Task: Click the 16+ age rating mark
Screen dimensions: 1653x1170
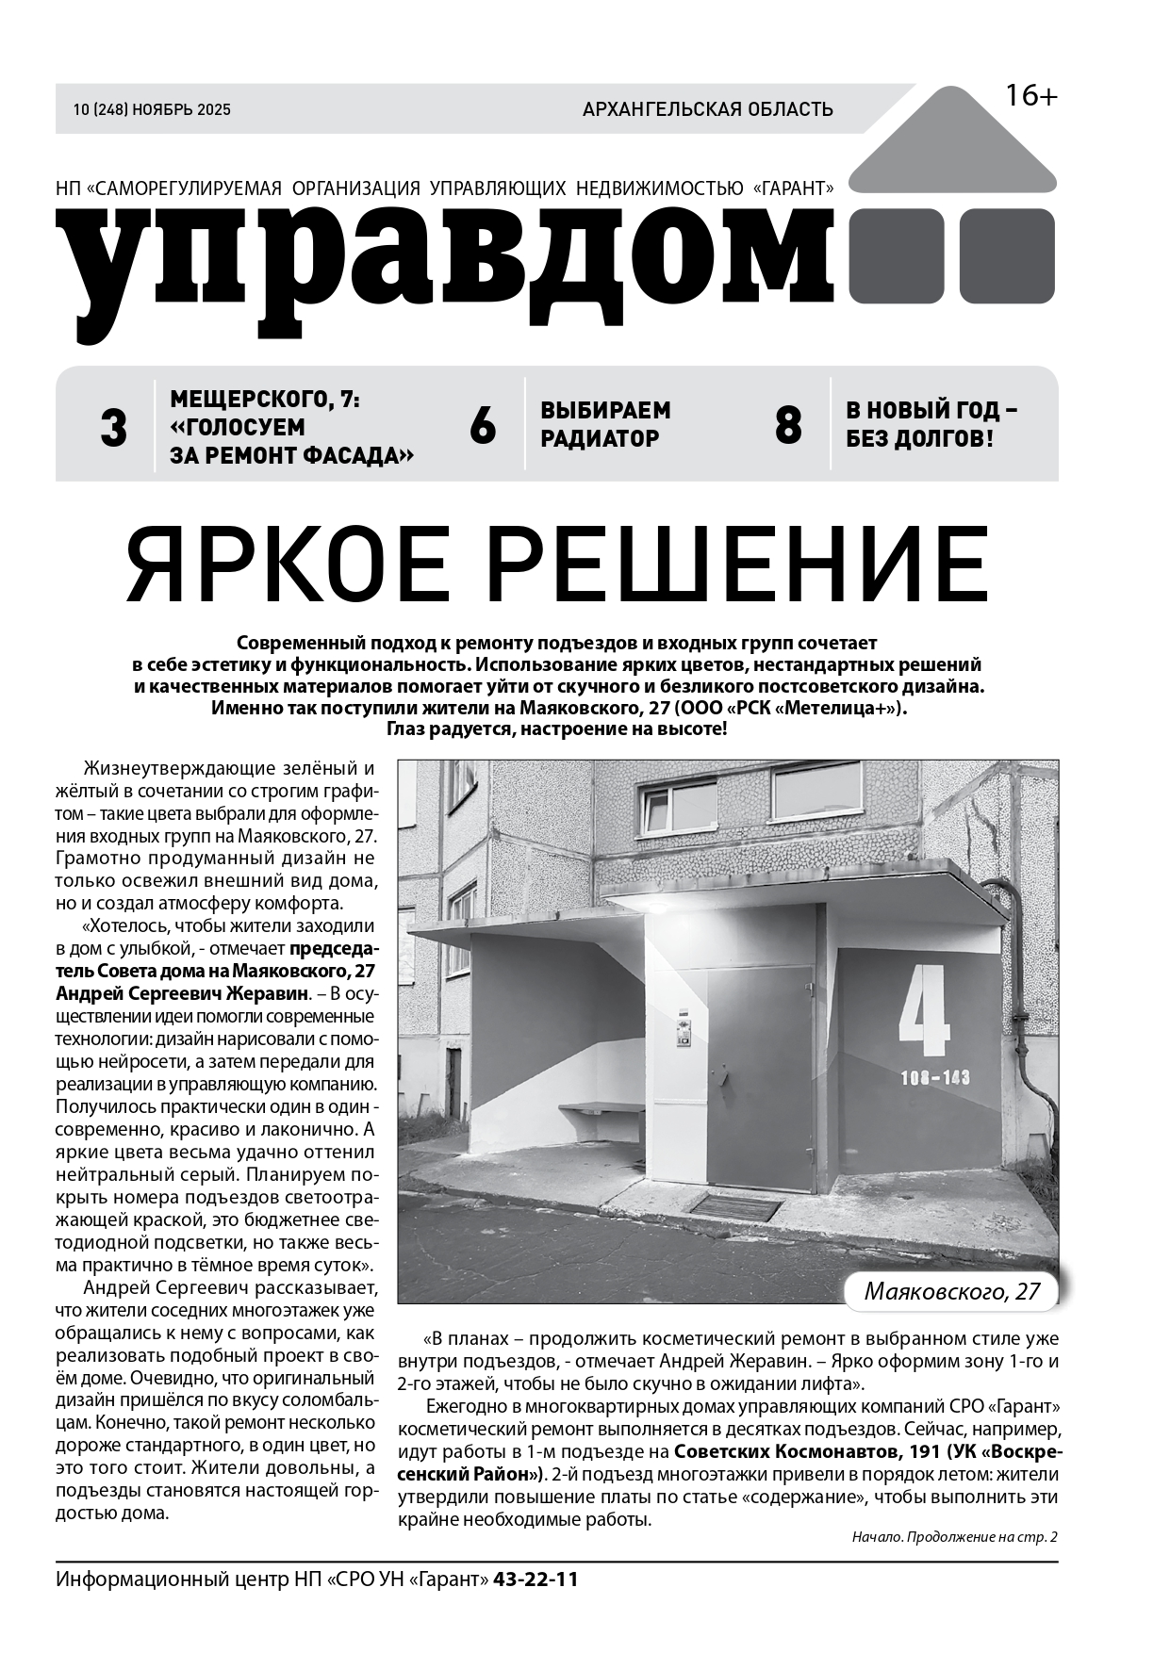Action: [x=1030, y=96]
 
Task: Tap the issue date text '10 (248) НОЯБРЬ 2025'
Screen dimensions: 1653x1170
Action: [x=152, y=109]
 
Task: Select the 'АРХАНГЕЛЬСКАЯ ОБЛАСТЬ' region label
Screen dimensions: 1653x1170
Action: [x=707, y=109]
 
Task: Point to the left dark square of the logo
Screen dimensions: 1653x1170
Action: [x=897, y=255]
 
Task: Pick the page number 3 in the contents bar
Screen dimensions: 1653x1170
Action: [x=113, y=429]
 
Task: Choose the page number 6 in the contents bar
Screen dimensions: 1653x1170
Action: [x=482, y=427]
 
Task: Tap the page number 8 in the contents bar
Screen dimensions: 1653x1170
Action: [x=788, y=426]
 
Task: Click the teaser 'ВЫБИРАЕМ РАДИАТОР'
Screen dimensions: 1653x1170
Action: [x=605, y=424]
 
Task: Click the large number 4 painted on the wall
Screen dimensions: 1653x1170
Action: [x=924, y=1009]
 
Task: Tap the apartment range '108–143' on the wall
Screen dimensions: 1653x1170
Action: [x=935, y=1078]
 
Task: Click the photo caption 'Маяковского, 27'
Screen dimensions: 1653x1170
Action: [x=952, y=1291]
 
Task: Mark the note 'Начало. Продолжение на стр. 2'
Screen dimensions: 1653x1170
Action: [x=954, y=1537]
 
